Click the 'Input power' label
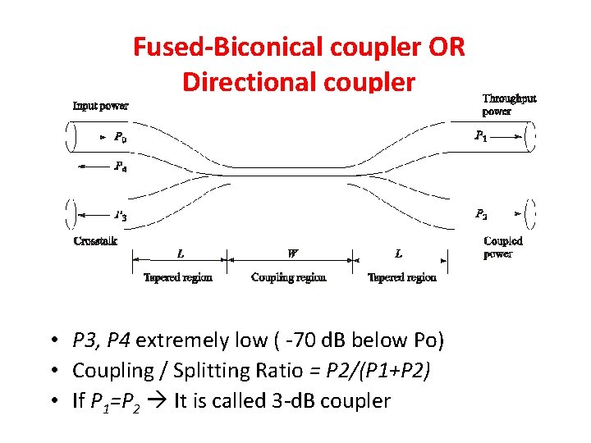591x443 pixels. click(100, 106)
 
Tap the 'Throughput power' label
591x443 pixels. click(509, 105)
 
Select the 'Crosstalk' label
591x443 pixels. click(95, 241)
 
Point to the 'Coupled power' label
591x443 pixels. click(502, 247)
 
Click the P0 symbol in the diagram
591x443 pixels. click(120, 137)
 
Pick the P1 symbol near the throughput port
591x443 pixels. click(481, 136)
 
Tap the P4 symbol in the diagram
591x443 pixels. click(120, 167)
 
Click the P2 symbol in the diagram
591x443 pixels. click(481, 214)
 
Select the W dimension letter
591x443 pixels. click(293, 253)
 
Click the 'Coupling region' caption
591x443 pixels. click(288, 277)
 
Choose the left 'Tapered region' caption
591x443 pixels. click(178, 277)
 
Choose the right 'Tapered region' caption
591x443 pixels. click(402, 277)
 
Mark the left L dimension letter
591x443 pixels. click(181, 253)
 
